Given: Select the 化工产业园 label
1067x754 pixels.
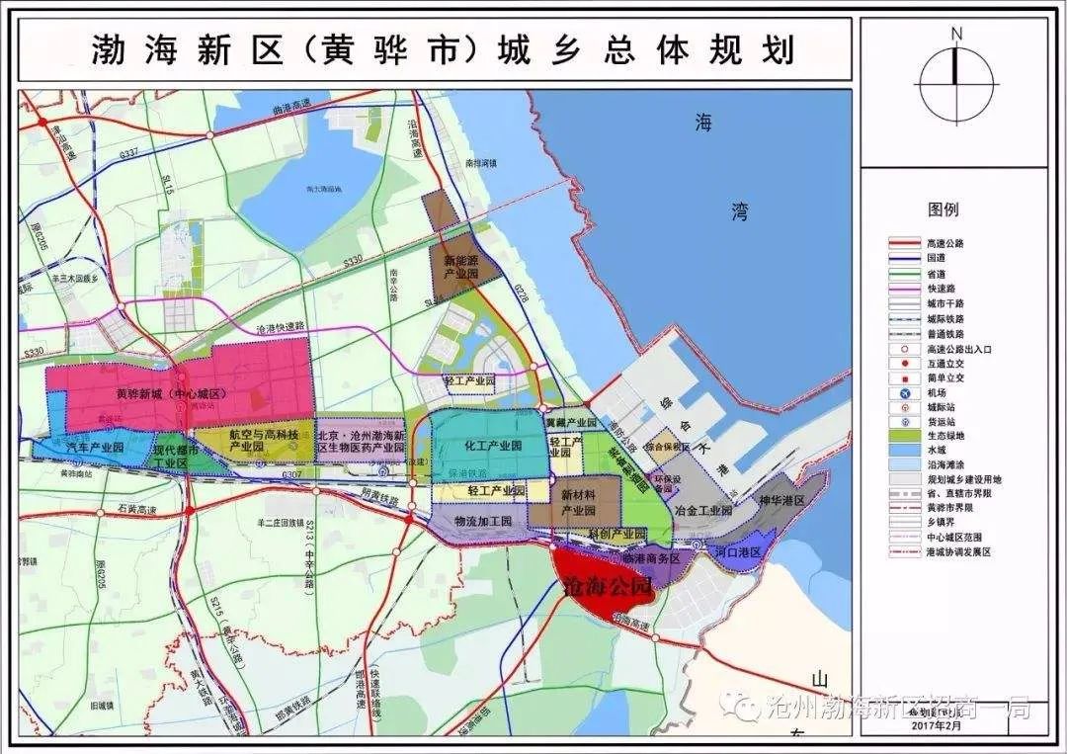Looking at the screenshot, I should click(x=492, y=447).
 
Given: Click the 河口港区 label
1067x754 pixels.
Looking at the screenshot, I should click(x=736, y=549).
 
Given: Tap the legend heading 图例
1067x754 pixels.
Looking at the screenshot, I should click(x=943, y=209).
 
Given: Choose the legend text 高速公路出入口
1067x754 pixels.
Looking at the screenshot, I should click(x=959, y=349).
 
